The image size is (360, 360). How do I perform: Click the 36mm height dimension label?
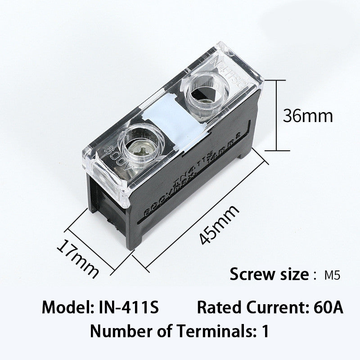click(x=308, y=117)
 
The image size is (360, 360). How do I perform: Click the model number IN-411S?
click(x=128, y=308)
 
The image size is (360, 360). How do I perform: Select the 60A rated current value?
click(x=327, y=308)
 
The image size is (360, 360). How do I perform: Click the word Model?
click(x=67, y=308)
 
